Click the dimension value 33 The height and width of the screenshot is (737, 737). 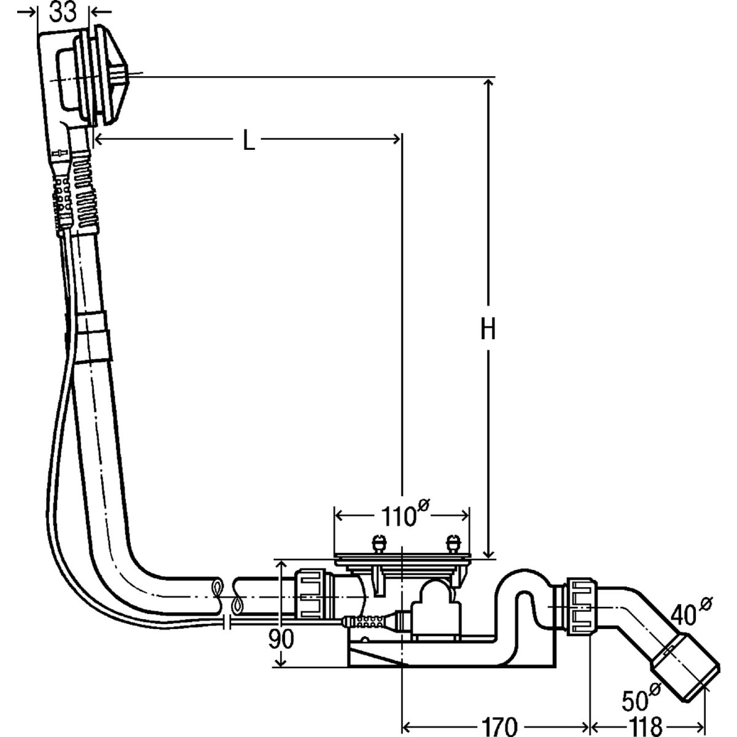(63, 12)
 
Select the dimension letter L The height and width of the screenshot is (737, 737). (248, 141)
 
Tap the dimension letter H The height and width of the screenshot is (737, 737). (488, 330)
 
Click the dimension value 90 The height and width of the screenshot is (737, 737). (281, 639)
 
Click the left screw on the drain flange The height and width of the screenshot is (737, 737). (379, 543)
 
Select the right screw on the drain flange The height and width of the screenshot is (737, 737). (454, 543)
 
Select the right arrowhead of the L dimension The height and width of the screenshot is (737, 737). (396, 141)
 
